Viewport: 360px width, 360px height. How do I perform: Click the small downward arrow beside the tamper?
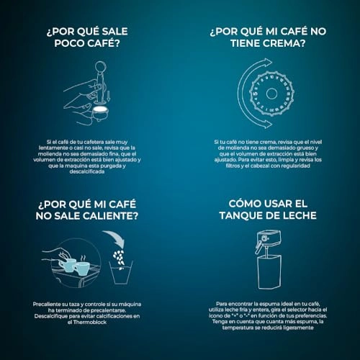[109, 95]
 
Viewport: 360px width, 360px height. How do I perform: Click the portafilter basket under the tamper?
[101, 113]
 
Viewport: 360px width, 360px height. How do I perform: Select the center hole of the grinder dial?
[271, 94]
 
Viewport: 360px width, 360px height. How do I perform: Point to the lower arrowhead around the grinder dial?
[267, 123]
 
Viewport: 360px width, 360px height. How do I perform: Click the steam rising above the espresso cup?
[83, 258]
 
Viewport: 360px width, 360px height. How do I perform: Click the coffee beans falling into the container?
[119, 258]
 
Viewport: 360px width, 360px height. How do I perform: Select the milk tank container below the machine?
[269, 272]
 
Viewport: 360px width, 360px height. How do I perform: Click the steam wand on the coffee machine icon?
[258, 247]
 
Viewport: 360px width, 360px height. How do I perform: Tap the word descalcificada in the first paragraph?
[87, 171]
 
